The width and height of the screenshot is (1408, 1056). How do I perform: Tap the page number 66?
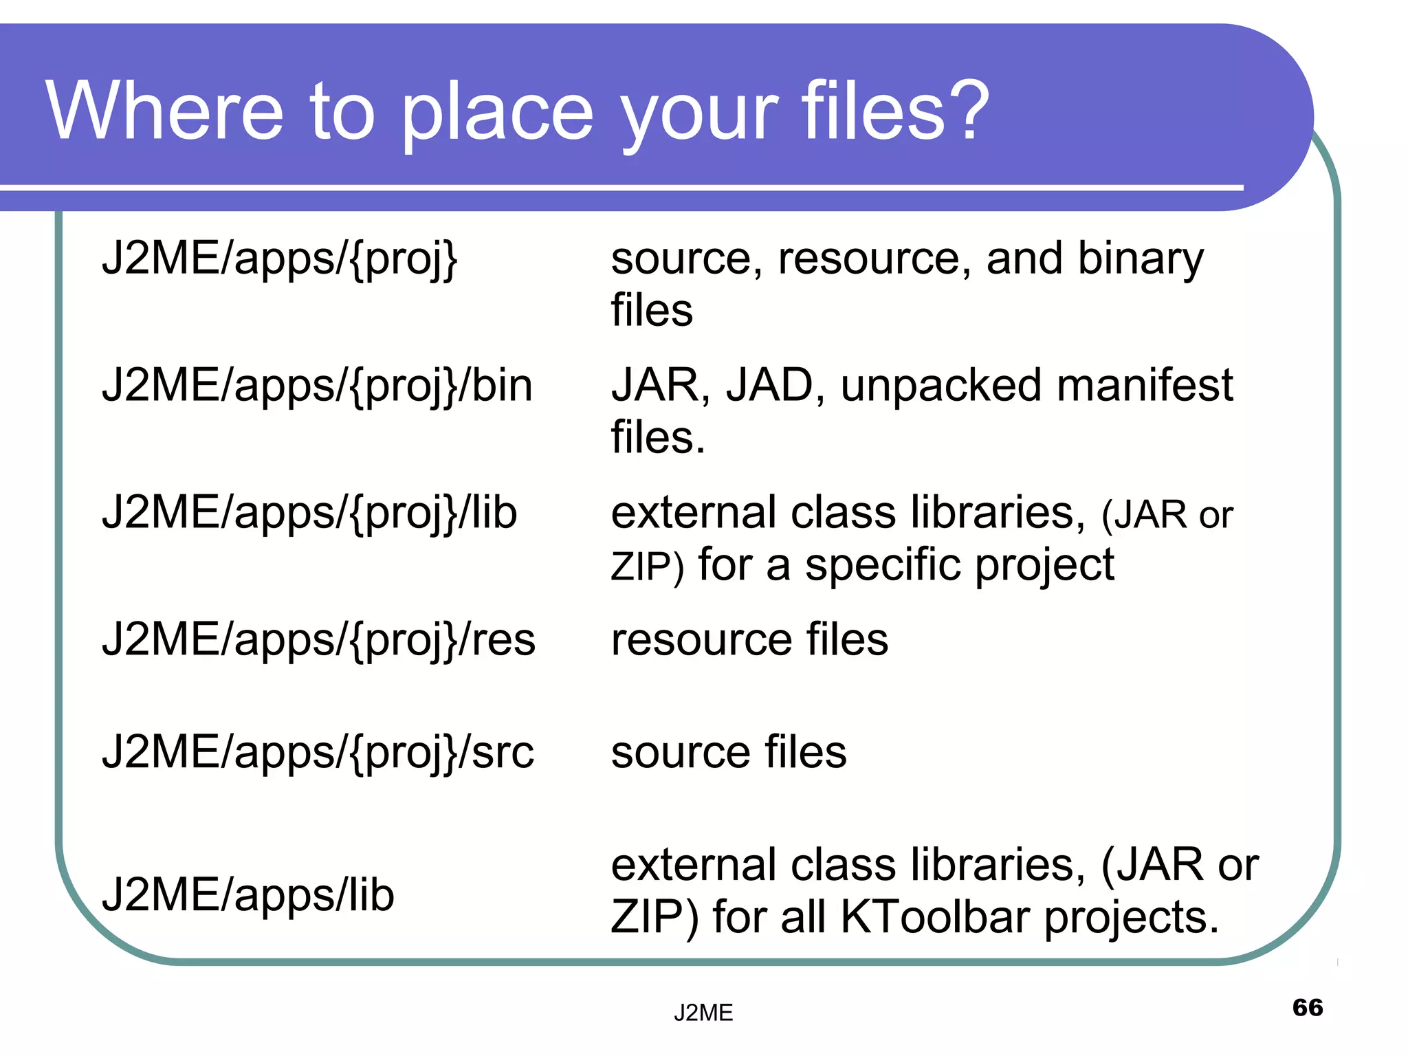(1307, 1007)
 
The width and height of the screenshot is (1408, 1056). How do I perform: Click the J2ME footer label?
(703, 1013)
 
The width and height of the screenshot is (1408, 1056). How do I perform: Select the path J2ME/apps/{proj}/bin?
(317, 386)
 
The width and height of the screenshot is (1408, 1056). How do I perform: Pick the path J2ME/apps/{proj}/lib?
(309, 514)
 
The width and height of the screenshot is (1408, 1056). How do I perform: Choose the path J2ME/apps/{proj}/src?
(317, 753)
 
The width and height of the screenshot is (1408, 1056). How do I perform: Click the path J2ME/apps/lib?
(247, 896)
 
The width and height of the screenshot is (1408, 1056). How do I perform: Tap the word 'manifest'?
(1144, 385)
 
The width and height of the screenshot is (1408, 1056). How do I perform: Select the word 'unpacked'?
(940, 386)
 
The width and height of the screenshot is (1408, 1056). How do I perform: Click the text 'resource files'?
(749, 639)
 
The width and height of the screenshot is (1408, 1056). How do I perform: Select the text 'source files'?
(729, 752)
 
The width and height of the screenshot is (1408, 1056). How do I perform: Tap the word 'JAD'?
(769, 386)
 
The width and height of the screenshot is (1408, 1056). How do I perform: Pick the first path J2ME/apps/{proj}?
(279, 260)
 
